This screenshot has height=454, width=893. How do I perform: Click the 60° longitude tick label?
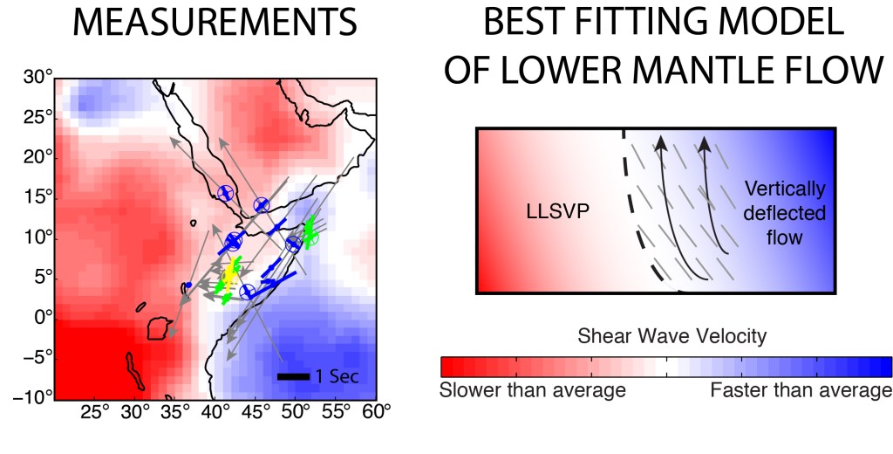[375, 412]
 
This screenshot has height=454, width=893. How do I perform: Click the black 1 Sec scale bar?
[294, 377]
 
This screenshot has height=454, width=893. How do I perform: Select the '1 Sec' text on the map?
[336, 377]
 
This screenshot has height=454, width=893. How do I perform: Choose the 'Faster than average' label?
[801, 390]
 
